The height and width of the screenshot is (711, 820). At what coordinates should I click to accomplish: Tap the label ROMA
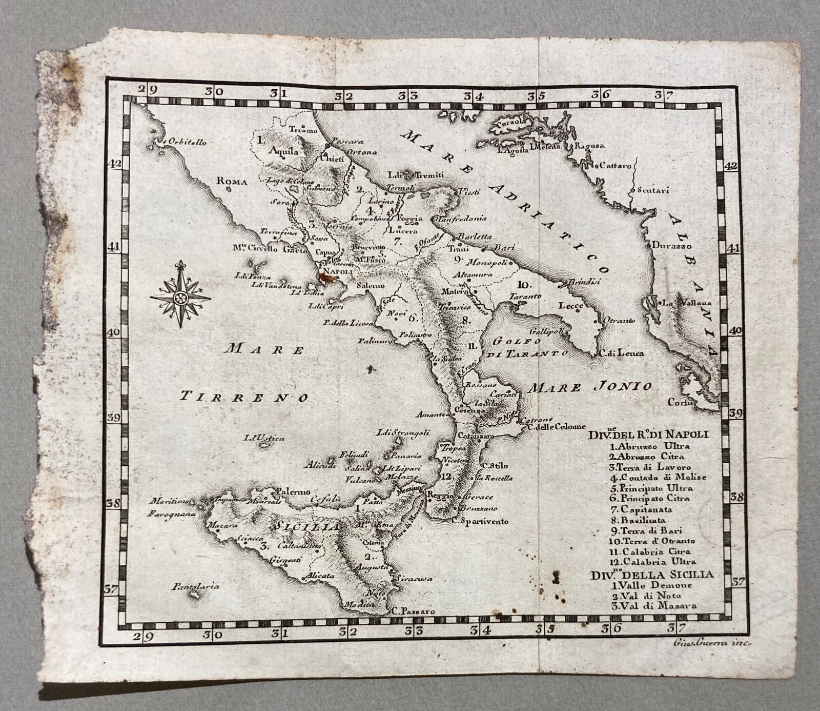(x=232, y=182)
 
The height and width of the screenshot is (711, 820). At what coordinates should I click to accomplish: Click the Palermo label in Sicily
(x=293, y=491)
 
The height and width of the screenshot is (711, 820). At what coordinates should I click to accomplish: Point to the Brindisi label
(x=583, y=282)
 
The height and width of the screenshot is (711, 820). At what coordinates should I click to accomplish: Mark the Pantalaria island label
(x=196, y=586)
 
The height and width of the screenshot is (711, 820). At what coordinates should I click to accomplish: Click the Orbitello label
(x=187, y=142)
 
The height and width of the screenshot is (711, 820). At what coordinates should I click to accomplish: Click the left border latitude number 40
(x=114, y=331)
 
